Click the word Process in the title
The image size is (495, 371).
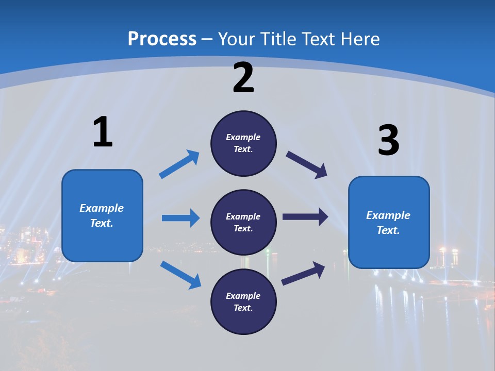[x=162, y=39]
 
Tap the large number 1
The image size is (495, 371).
[x=103, y=132]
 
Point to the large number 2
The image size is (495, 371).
[x=243, y=78]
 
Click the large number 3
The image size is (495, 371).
[x=388, y=141]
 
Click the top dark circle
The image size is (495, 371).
[x=243, y=143]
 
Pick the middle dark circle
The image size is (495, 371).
[x=243, y=222]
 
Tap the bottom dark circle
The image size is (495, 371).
[x=243, y=301]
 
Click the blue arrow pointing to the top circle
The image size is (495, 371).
[x=179, y=164]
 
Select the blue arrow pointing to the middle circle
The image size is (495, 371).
[x=180, y=218]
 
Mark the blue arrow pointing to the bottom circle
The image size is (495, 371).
[x=180, y=275]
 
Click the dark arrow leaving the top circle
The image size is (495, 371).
[x=306, y=164]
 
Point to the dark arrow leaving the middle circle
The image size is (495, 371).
[x=305, y=217]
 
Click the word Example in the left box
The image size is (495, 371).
[x=102, y=208]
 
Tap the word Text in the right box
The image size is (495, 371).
[x=388, y=230]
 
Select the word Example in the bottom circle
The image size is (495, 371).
[x=243, y=296]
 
